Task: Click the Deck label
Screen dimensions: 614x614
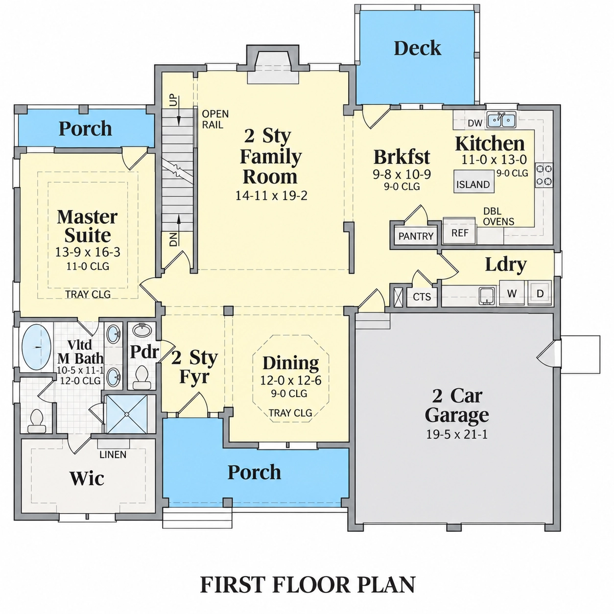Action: [417, 48]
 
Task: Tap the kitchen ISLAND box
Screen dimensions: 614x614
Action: [473, 181]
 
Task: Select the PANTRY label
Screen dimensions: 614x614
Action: [416, 236]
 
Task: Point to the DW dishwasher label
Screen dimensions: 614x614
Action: [475, 123]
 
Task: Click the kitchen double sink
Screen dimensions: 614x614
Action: [501, 120]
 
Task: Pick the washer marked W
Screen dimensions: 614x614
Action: [512, 293]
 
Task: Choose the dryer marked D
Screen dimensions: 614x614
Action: [540, 293]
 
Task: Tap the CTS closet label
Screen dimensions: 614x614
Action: [422, 297]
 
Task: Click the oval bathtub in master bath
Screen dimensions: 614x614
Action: [36, 347]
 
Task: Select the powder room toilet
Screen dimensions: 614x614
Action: [141, 377]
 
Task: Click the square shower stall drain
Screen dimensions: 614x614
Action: [126, 414]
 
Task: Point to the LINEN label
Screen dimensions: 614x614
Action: [113, 455]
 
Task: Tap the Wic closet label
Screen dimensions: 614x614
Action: [87, 478]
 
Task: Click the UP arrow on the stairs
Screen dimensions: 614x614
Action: [179, 110]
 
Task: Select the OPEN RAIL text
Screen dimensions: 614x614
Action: [215, 119]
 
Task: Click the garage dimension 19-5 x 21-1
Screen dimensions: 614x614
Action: [457, 434]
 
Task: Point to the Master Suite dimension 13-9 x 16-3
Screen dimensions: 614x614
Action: [88, 252]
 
